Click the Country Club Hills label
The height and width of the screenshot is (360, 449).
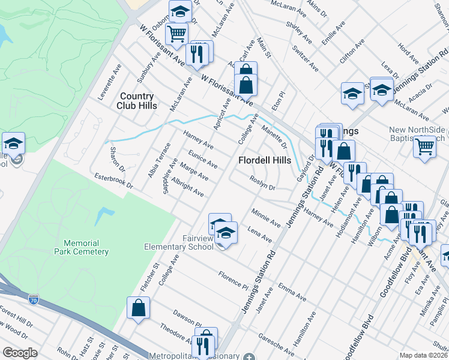point(138,101)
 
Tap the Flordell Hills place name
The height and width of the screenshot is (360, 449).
point(265,161)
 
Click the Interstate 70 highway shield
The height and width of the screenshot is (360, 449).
point(33,297)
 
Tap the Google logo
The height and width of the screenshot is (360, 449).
point(20,353)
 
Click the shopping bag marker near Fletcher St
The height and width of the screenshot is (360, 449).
point(139,308)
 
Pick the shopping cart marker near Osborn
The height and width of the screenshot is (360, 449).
point(176,34)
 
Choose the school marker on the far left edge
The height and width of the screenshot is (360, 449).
point(13,144)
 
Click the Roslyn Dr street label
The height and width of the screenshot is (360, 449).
point(262,184)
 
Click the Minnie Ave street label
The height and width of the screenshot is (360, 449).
point(266,218)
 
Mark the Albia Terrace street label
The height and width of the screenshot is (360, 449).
point(155,160)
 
